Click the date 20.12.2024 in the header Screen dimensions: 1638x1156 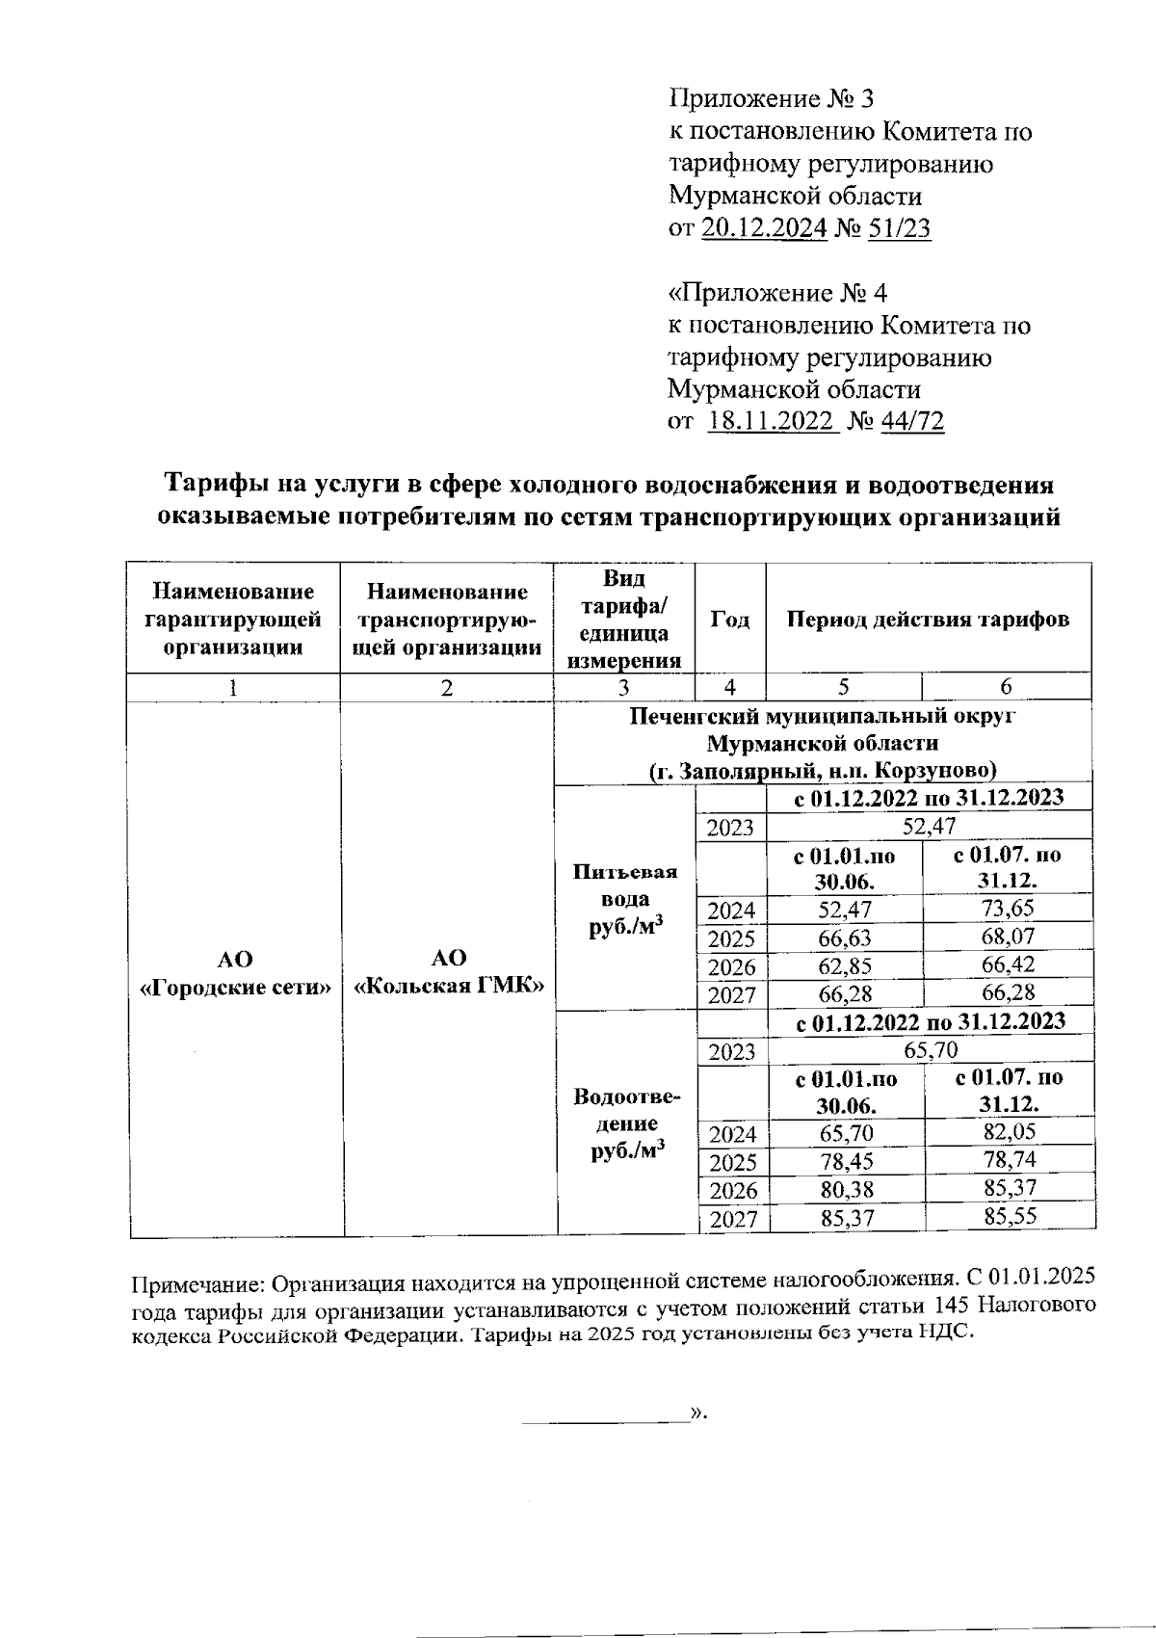(764, 228)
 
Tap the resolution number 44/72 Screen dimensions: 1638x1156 (911, 421)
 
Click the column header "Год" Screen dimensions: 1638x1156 (730, 619)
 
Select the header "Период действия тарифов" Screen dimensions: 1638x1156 (928, 619)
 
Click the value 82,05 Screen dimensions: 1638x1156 (1009, 1131)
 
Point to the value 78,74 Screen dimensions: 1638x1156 (1009, 1159)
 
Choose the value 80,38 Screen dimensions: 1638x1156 (846, 1188)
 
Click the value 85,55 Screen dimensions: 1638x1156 (1010, 1216)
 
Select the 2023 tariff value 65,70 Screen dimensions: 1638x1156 (930, 1048)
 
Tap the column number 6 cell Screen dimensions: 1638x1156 (1006, 686)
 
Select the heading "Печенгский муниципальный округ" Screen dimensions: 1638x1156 (823, 717)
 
